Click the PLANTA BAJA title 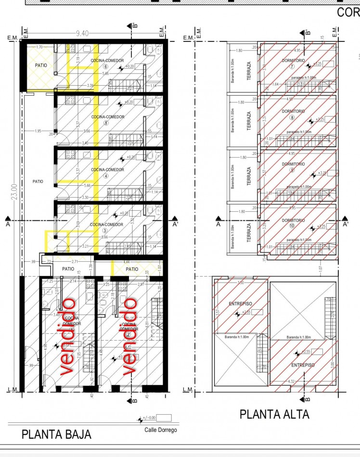(56, 434)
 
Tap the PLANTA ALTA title (274, 414)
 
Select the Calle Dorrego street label (161, 430)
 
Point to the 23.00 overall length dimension (14, 191)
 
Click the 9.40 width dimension (82, 33)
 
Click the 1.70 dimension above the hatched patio (39, 47)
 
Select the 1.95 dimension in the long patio (39, 131)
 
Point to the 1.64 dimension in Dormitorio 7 (275, 84)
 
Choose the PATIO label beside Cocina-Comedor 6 (39, 65)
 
